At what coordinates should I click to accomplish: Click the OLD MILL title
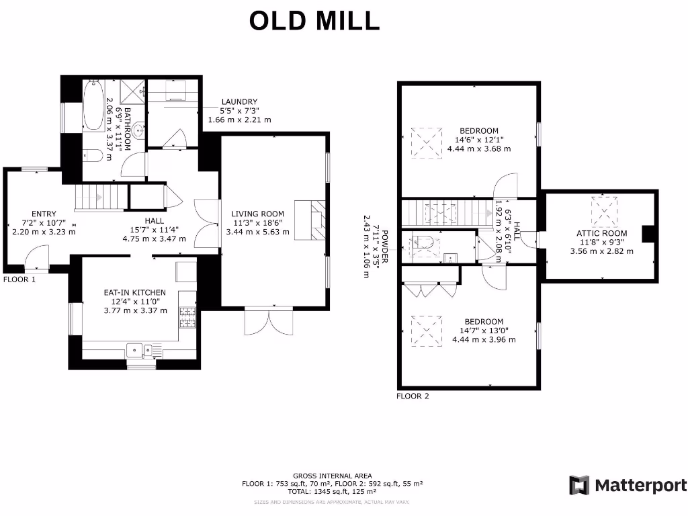pyautogui.click(x=314, y=21)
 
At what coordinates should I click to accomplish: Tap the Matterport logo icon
pyautogui.click(x=579, y=485)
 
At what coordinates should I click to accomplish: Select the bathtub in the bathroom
pyautogui.click(x=93, y=105)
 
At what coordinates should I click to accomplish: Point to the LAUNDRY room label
pyautogui.click(x=239, y=102)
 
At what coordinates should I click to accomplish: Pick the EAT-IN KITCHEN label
pyautogui.click(x=134, y=292)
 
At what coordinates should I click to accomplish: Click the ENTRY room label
pyautogui.click(x=44, y=214)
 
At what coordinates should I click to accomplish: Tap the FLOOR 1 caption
pyautogui.click(x=19, y=279)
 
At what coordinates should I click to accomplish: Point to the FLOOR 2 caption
pyautogui.click(x=413, y=396)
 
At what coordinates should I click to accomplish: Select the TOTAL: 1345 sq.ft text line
pyautogui.click(x=332, y=492)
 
